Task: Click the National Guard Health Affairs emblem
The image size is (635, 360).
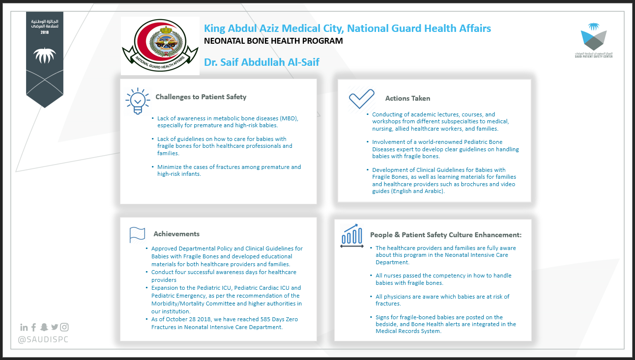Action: tap(160, 45)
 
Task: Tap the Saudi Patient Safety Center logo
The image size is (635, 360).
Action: tap(594, 40)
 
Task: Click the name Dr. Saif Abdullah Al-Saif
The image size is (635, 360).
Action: tap(261, 62)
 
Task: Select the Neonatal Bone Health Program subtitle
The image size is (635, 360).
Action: tap(273, 41)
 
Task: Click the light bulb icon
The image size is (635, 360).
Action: tap(138, 101)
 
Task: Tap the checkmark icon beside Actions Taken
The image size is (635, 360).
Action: tap(361, 99)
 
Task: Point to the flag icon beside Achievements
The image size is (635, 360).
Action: tap(137, 235)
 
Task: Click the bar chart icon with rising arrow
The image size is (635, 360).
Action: tap(352, 236)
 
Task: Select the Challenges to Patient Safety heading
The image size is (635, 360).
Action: tap(201, 97)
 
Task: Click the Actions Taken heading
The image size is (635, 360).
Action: tap(407, 98)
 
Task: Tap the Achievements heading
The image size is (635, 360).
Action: tap(176, 234)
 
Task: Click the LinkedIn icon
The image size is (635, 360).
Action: tap(24, 328)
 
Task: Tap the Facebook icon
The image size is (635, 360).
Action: tap(34, 328)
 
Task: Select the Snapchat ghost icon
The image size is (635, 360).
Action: tap(44, 327)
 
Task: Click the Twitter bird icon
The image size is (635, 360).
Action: tap(55, 327)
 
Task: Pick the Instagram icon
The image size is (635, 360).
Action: tap(64, 327)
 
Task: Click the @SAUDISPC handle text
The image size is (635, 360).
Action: tap(43, 339)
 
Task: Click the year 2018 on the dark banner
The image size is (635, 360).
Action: tap(45, 32)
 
